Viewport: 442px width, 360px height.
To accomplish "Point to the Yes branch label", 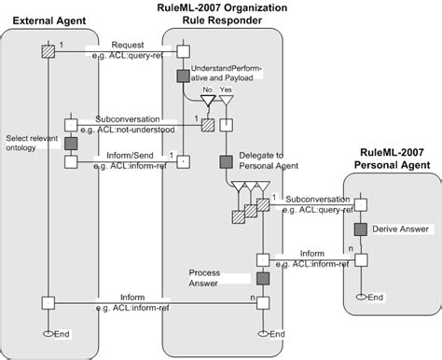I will pos(224,91).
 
